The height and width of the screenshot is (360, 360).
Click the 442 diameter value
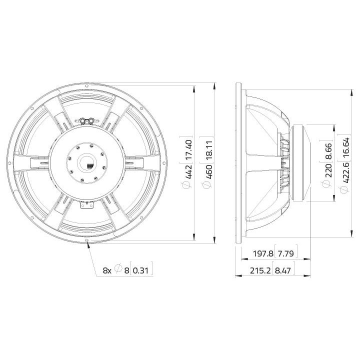188,172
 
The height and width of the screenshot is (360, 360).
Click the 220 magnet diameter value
327,171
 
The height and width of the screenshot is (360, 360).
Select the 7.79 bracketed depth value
285,254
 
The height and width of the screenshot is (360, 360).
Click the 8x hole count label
107,270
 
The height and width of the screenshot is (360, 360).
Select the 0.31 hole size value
142,270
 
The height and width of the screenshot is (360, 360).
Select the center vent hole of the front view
87,163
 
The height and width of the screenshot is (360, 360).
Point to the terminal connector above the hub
87,120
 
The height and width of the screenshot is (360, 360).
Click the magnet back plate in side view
304,163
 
